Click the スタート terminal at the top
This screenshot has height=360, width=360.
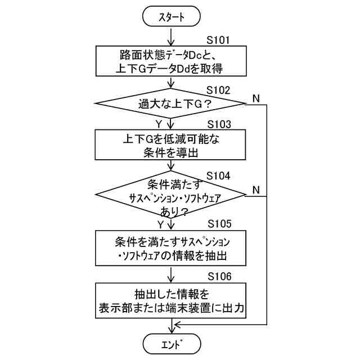coord(171,17)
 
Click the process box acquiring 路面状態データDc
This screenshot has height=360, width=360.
coord(171,61)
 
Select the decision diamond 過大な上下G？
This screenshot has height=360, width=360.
coord(171,103)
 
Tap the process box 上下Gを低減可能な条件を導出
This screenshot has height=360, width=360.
coord(171,145)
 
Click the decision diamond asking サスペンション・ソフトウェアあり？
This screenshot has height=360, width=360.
coord(171,195)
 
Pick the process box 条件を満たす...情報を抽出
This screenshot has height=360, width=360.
coord(171,249)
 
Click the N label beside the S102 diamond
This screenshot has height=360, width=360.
coord(256,98)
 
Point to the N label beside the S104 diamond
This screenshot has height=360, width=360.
coord(256,190)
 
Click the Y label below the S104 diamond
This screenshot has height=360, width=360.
coord(160,224)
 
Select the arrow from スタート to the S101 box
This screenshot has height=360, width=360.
coord(171,36)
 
